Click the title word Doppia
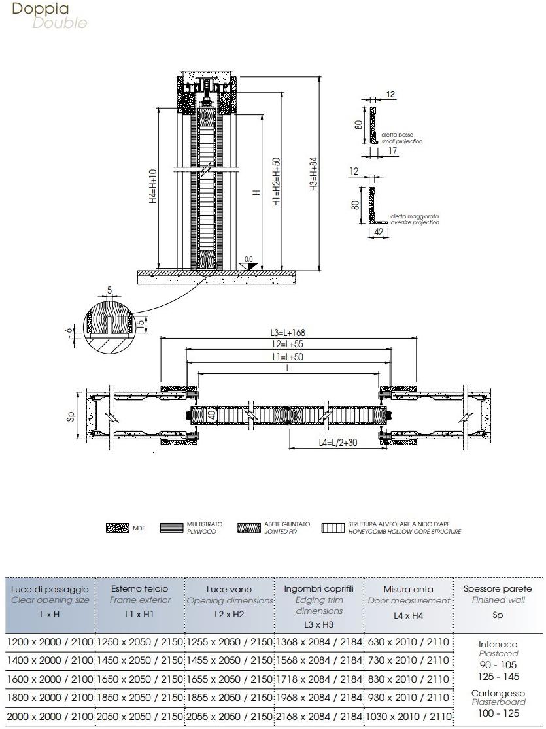[x=41, y=9]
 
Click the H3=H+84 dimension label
[x=315, y=174]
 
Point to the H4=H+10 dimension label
[x=153, y=188]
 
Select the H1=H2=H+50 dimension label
[x=277, y=183]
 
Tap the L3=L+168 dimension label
[x=288, y=333]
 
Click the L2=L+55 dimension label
[x=288, y=344]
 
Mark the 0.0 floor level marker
[x=248, y=259]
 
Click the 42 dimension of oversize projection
[x=379, y=231]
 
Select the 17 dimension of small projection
[x=392, y=152]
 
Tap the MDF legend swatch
[x=117, y=528]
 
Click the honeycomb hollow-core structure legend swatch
[x=333, y=528]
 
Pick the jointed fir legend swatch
[x=248, y=528]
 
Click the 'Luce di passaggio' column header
[x=50, y=590]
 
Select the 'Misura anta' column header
[x=408, y=590]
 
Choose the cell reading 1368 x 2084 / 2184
[x=318, y=642]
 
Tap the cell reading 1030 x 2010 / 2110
[x=408, y=717]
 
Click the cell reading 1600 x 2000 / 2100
[x=50, y=679]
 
